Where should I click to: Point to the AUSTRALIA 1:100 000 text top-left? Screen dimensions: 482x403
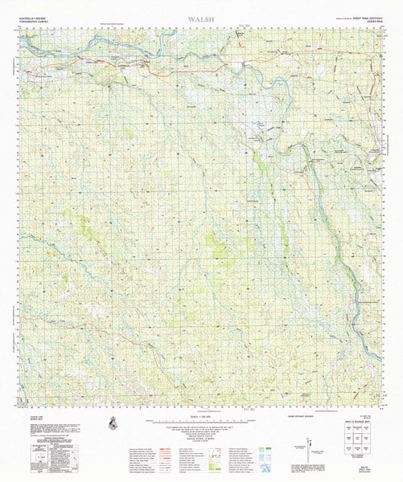[33, 15]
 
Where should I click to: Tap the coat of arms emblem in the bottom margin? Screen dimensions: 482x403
[112, 423]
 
